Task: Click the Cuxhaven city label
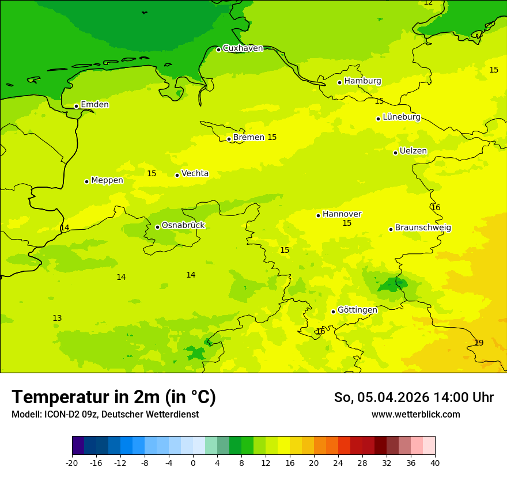coord(243,48)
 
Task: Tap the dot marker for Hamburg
coord(340,82)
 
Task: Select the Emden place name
coord(94,105)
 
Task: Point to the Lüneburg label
coord(401,117)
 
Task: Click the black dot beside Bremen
coord(229,139)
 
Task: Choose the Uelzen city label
coord(413,151)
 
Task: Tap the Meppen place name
coord(107,180)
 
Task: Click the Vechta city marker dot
coord(177,175)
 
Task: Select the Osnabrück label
coord(183,226)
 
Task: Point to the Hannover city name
coord(342,214)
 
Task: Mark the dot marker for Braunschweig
coord(391,229)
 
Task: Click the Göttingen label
coord(357,310)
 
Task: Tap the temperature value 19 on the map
coord(479,343)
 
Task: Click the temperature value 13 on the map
coord(57,318)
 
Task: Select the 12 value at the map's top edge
coord(428,3)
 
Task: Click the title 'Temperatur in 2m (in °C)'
coord(113,397)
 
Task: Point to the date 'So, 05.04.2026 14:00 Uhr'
coord(414,397)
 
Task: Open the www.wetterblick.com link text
coord(415,415)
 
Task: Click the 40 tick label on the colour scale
coord(434,462)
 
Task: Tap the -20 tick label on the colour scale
coord(72,462)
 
